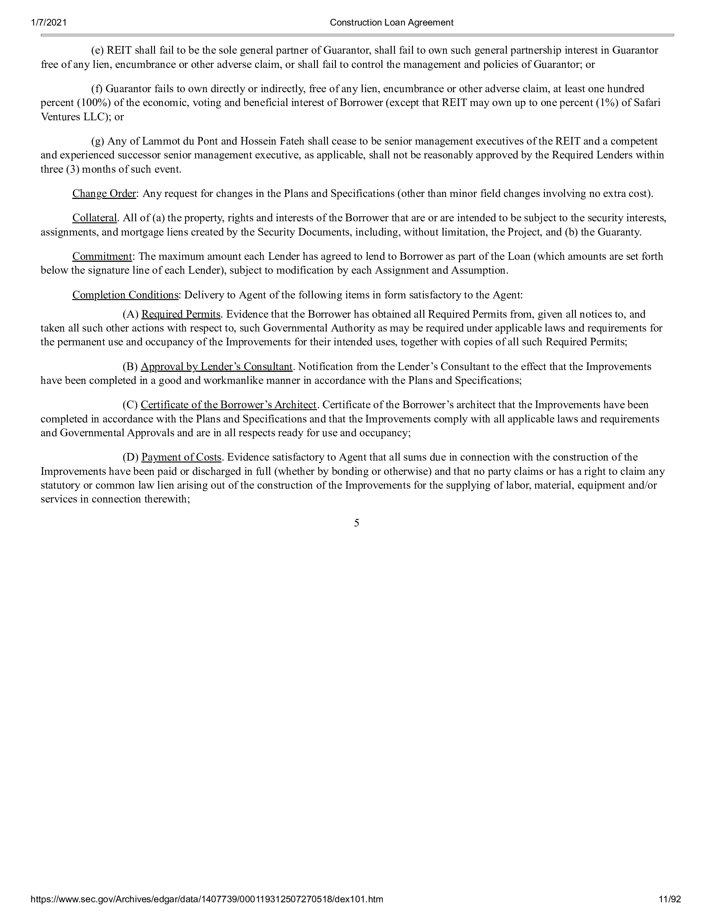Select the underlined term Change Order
(104, 194)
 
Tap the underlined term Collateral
(95, 218)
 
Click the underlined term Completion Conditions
(125, 295)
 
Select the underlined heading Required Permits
(181, 314)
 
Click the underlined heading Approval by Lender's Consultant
(217, 366)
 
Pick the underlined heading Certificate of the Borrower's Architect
(229, 405)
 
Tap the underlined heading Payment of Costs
(181, 457)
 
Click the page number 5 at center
(356, 523)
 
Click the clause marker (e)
(98, 51)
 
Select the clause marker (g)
(98, 141)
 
